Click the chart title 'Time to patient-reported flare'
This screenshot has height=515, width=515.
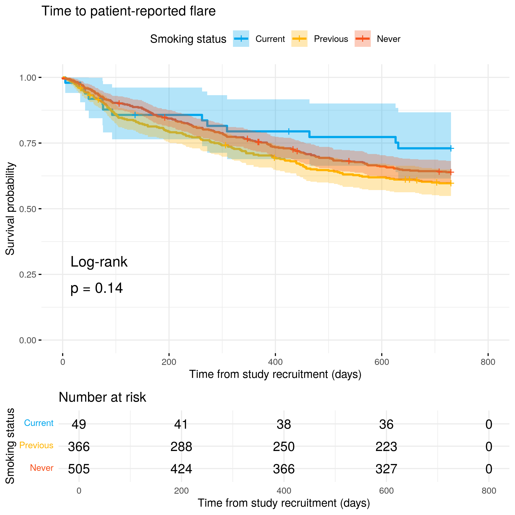[x=129, y=11]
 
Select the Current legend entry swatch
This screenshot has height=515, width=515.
[x=241, y=39]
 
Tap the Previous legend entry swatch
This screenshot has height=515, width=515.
[x=299, y=39]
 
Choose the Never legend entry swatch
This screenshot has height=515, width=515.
[x=362, y=39]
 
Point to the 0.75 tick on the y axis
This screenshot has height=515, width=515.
[x=27, y=143]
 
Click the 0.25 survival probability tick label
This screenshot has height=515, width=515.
[x=27, y=275]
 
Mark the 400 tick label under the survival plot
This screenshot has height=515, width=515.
[x=275, y=362]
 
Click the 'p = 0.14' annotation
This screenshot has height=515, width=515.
[x=96, y=288]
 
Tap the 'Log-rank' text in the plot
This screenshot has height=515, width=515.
[x=99, y=262]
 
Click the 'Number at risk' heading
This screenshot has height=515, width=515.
[x=102, y=397]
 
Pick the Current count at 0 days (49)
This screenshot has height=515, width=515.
[x=79, y=424]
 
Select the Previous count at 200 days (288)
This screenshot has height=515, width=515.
[x=181, y=447]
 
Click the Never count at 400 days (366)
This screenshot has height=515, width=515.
[x=284, y=469]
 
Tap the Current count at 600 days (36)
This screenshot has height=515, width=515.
[x=386, y=424]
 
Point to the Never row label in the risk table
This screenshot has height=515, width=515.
[x=42, y=468]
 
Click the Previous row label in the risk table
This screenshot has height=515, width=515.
[x=36, y=445]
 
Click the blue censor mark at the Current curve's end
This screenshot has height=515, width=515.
[x=451, y=148]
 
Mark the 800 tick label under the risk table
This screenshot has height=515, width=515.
[x=489, y=491]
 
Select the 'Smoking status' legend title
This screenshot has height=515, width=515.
[x=188, y=39]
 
